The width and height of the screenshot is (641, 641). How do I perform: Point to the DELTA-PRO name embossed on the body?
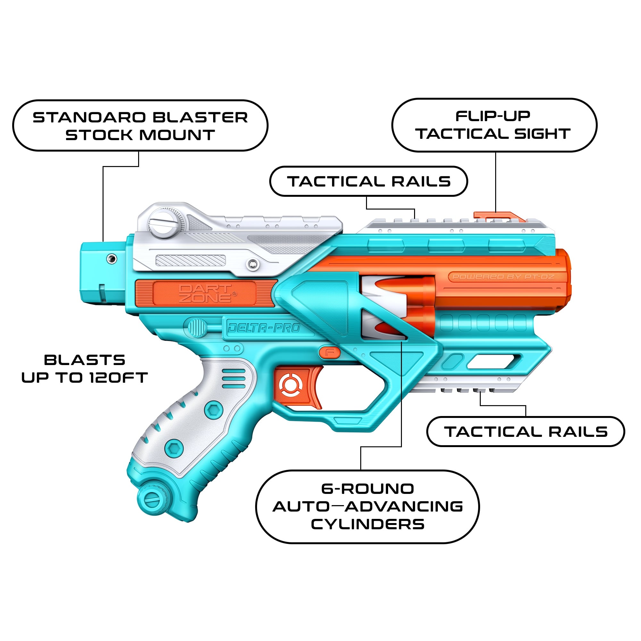(x=264, y=328)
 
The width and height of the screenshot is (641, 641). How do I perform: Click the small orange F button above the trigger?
(x=329, y=353)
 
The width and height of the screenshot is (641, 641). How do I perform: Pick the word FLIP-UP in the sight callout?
(x=493, y=116)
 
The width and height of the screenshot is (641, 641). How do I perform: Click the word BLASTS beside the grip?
(x=85, y=360)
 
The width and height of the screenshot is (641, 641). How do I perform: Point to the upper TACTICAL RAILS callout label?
(x=369, y=181)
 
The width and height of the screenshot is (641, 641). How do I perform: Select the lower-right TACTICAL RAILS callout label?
(x=526, y=432)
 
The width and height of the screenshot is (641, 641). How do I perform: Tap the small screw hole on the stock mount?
(x=112, y=258)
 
